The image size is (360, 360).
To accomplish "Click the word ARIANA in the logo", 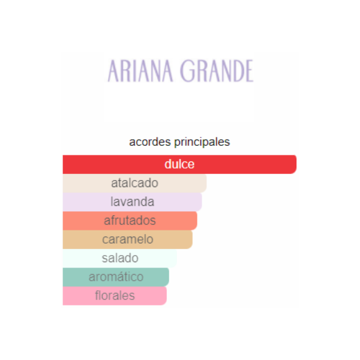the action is tap(140, 71).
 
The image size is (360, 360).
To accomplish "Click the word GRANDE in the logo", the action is tap(217, 71).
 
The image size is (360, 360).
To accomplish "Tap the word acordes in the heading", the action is tap(150, 142).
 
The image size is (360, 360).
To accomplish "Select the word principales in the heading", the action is tap(202, 142).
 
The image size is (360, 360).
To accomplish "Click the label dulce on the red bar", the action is tap(179, 164).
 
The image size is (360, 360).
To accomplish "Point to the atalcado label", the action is tap(135, 183).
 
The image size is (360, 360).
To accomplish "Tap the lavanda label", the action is tap(132, 202).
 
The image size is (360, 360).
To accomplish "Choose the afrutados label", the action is tap(130, 220).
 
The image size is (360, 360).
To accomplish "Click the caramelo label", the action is tap(128, 239).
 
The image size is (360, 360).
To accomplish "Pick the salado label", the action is tap(120, 258).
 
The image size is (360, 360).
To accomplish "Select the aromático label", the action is tap(116, 277).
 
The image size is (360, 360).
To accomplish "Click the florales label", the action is tap(115, 295).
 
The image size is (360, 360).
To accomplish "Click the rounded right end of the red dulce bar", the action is tap(296, 164).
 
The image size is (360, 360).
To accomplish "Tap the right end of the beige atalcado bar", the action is tap(206, 183).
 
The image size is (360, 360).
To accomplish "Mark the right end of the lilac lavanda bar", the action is tap(201, 202).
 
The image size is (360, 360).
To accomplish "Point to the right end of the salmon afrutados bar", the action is tap(197, 221).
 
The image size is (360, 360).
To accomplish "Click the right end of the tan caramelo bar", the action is tap(192, 239).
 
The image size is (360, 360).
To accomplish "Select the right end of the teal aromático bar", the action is tap(168, 277).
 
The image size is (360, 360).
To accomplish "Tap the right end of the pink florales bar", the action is tap(166, 296).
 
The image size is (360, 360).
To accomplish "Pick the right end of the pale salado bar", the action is tap(176, 258).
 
